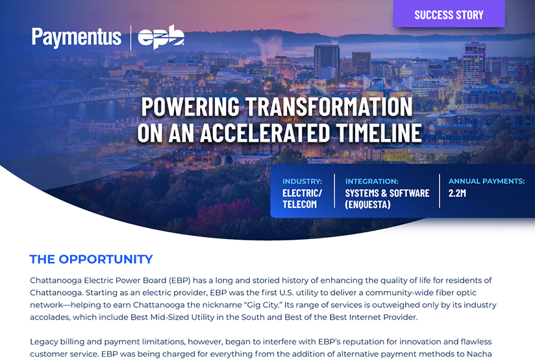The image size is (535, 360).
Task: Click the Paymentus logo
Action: click(77, 37)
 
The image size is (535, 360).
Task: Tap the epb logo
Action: click(161, 37)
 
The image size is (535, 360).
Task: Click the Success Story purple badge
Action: click(449, 14)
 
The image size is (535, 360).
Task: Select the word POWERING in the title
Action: click(190, 107)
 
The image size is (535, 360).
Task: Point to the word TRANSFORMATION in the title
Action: click(329, 107)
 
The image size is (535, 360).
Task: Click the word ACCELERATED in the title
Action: click(265, 133)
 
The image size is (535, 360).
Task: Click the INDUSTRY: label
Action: click(302, 181)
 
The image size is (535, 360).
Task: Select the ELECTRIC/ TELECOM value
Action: click(302, 199)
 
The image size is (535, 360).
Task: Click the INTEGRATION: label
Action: click(371, 181)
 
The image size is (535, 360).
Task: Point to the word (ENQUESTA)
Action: click(367, 204)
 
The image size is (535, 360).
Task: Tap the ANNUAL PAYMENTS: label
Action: click(486, 181)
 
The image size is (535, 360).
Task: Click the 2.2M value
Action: click(457, 193)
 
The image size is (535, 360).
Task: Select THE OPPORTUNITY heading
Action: click(91, 259)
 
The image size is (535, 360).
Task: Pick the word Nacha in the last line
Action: click(479, 354)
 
